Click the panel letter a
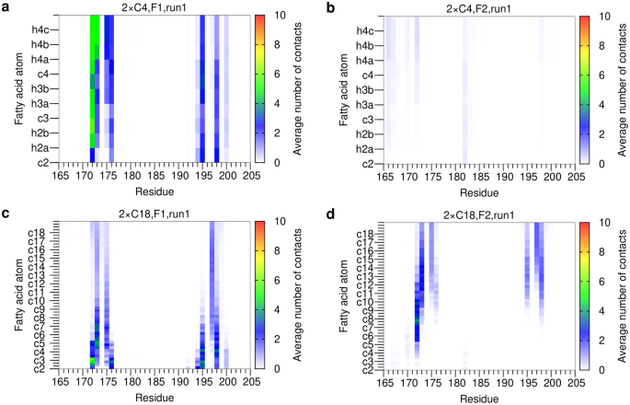(x=6, y=7)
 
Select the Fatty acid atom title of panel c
(x=10, y=295)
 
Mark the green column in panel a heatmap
(x=93, y=74)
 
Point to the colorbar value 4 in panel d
(x=607, y=309)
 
